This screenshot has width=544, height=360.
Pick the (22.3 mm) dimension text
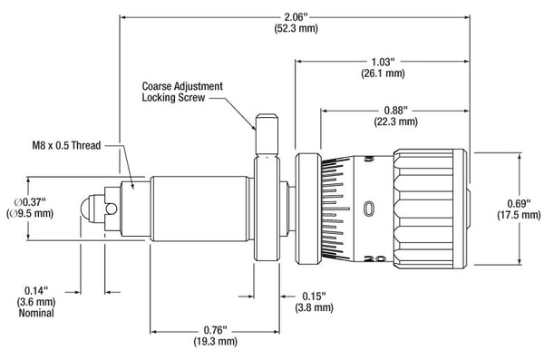[396, 121]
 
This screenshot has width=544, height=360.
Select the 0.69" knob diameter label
[518, 203]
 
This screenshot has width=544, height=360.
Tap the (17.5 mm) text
[518, 216]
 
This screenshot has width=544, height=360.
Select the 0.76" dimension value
[215, 329]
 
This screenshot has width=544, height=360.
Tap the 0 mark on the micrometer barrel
[367, 209]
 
